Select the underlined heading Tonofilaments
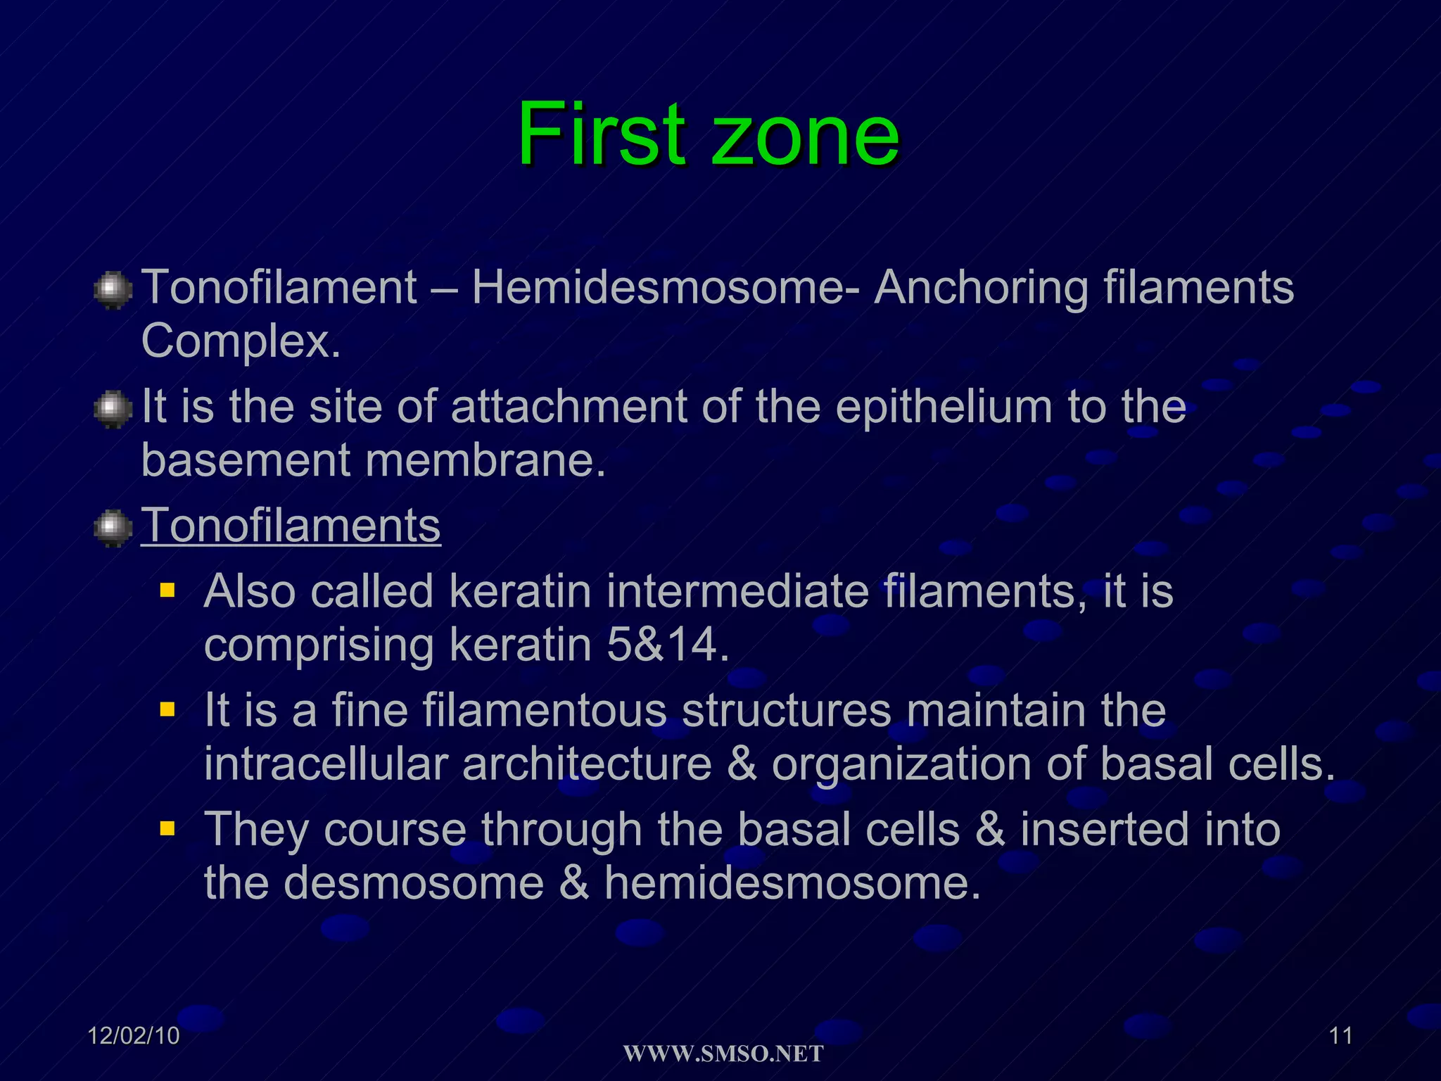tap(291, 525)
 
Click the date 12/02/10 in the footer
tap(134, 1036)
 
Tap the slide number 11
tap(1340, 1036)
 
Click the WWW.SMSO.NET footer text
tap(723, 1054)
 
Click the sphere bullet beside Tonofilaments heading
tap(113, 528)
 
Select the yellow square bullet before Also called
tap(167, 589)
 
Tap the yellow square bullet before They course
tap(167, 828)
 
